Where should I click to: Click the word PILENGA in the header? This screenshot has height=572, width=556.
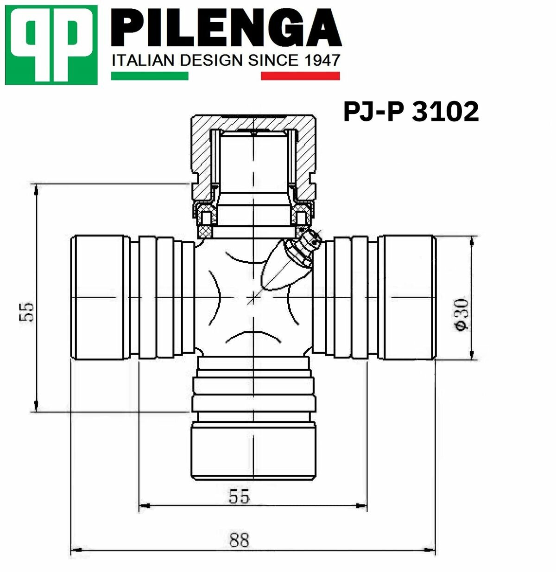click(x=226, y=29)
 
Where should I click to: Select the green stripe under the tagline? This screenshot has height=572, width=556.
click(x=149, y=76)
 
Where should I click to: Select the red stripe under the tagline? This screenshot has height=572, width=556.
click(x=300, y=76)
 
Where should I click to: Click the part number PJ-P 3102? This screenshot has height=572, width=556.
click(x=411, y=112)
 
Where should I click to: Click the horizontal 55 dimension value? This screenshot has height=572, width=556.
click(x=239, y=496)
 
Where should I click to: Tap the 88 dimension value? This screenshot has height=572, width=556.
click(x=239, y=540)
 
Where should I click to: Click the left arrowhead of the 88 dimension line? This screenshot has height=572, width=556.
click(x=76, y=551)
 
